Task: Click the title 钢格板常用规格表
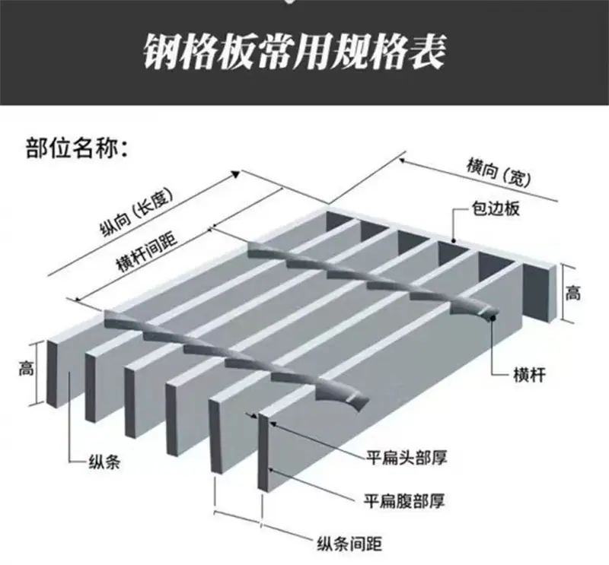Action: click(295, 52)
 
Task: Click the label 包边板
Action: click(496, 209)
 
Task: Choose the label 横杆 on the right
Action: click(529, 375)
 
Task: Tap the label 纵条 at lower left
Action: click(105, 462)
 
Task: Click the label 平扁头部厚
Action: click(407, 458)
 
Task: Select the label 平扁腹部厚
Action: click(404, 500)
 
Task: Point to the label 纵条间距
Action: click(349, 544)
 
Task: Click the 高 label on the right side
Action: click(573, 293)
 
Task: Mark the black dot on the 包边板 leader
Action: click(454, 240)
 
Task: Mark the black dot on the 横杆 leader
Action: click(494, 318)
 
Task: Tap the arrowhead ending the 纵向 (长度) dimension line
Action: click(236, 174)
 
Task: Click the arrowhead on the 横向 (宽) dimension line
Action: click(404, 160)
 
